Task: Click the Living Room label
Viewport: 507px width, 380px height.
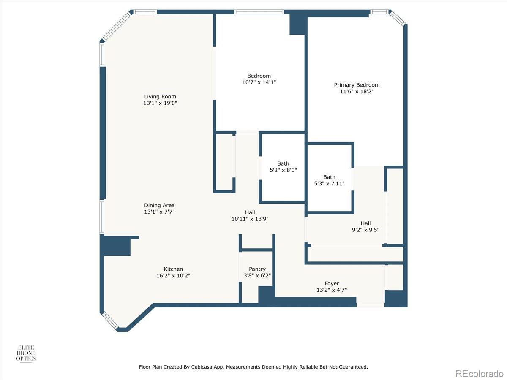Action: pyautogui.click(x=160, y=97)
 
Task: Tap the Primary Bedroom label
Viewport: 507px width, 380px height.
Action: pyautogui.click(x=357, y=85)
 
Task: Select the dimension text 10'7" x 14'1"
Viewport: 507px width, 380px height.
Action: pyautogui.click(x=259, y=82)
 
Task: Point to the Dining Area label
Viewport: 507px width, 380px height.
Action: pyautogui.click(x=159, y=205)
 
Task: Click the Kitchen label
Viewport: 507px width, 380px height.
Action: pyautogui.click(x=173, y=269)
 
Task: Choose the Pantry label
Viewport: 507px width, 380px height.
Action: pyautogui.click(x=257, y=269)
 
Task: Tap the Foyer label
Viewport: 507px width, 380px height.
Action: pyautogui.click(x=332, y=284)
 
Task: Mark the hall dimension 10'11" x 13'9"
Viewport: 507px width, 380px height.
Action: pyautogui.click(x=250, y=219)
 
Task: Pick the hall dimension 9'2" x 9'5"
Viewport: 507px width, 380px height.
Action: pyautogui.click(x=365, y=230)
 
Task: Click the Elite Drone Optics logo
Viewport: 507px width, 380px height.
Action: pyautogui.click(x=26, y=353)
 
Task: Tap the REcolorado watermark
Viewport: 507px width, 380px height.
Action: pyautogui.click(x=479, y=373)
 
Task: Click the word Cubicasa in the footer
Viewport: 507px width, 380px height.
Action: pyautogui.click(x=201, y=367)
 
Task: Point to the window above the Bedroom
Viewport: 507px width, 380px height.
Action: pyautogui.click(x=259, y=12)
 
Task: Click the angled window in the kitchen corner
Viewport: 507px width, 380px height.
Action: pyautogui.click(x=110, y=320)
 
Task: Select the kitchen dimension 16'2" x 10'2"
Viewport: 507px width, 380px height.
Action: pyautogui.click(x=173, y=275)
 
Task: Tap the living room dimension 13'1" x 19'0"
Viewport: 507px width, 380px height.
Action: pyautogui.click(x=160, y=103)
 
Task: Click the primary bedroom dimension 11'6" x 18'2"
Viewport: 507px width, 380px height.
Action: pyautogui.click(x=357, y=91)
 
